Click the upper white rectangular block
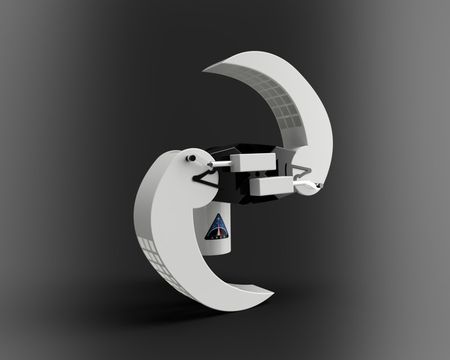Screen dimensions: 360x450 (253, 163)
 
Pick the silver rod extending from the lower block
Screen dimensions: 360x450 (304, 183)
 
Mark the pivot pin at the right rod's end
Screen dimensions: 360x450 (319, 185)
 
